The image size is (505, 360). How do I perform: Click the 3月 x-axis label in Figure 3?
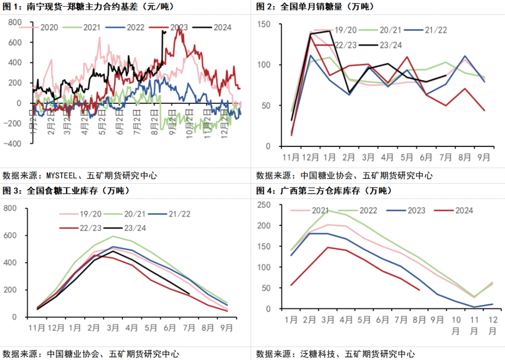[112, 328]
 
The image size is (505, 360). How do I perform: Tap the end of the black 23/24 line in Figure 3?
[189, 294]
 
